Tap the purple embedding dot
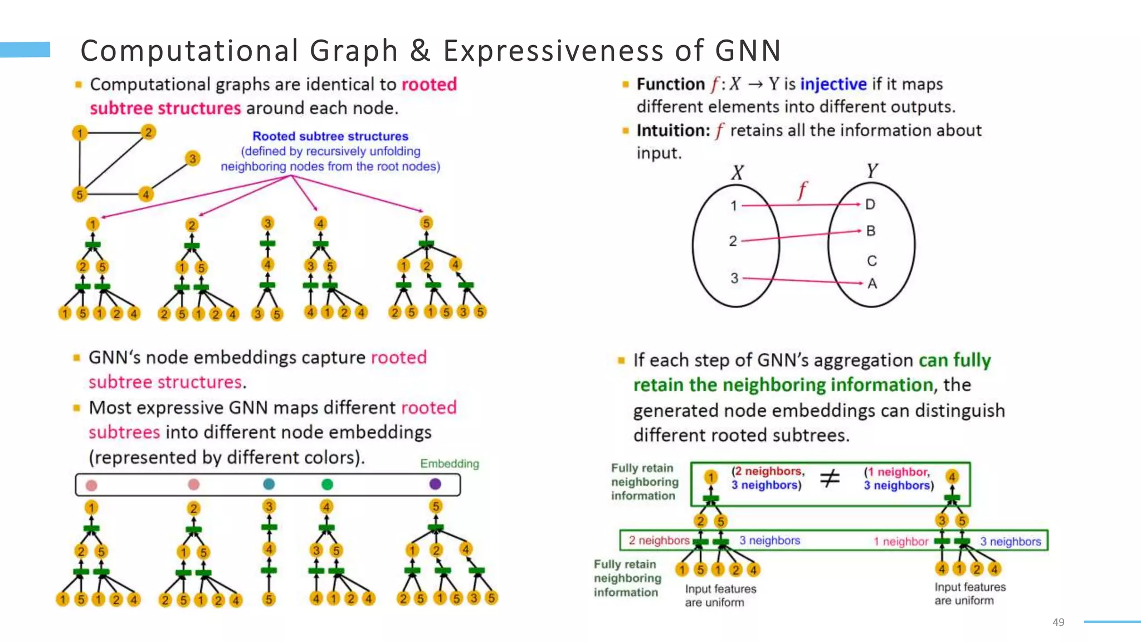436,484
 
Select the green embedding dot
327,484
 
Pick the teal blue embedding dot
269,484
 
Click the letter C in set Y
872,261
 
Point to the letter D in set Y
870,205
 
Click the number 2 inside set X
733,241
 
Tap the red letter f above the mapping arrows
802,190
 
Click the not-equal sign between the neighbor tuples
830,478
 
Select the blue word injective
833,84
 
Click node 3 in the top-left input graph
192,159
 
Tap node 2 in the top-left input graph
148,133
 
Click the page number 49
1058,622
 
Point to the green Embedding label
449,464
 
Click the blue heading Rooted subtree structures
330,136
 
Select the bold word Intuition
673,130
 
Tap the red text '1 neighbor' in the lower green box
900,541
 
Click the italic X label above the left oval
737,172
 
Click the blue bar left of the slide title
25,50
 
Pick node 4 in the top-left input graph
145,194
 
